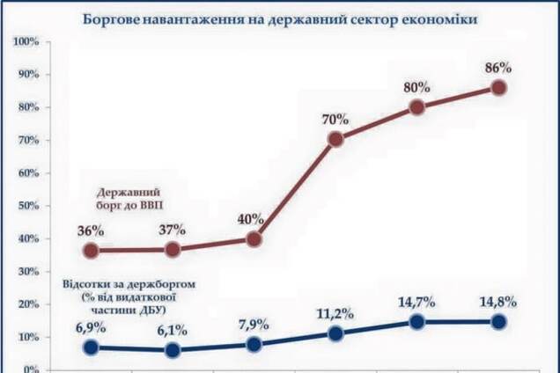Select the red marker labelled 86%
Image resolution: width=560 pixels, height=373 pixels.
[x=498, y=87]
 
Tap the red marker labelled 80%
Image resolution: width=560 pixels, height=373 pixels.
[x=417, y=107]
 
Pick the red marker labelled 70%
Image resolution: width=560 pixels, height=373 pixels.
[x=335, y=139]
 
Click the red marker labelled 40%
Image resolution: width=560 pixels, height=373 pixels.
[x=254, y=238]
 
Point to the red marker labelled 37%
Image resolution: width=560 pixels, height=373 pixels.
[x=173, y=249]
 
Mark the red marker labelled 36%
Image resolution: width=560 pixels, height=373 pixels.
[x=92, y=251]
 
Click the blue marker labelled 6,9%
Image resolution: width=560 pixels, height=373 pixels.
[x=92, y=347]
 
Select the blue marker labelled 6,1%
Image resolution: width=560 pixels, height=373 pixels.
[x=173, y=350]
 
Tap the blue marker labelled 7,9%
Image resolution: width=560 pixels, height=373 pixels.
[x=254, y=345]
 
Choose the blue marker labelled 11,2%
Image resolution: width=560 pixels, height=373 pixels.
[x=335, y=333]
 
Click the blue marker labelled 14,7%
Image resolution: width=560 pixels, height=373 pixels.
[x=417, y=322]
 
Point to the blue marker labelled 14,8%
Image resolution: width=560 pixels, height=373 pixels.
[x=498, y=322]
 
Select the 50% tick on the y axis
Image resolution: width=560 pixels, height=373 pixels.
[x=26, y=206]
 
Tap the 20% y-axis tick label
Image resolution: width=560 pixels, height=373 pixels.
[x=26, y=304]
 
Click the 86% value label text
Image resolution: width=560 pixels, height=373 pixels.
[x=497, y=67]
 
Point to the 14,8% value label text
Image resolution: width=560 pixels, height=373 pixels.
[x=497, y=303]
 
